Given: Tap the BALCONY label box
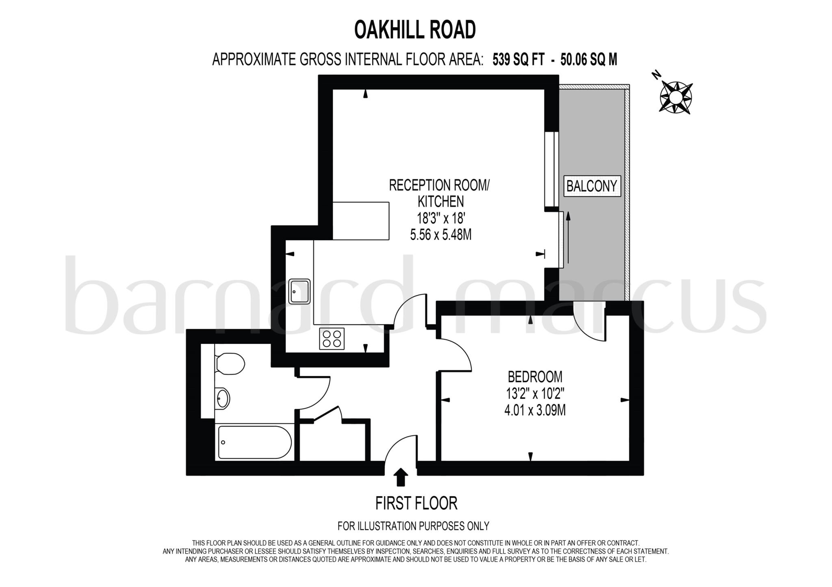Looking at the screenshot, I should (591, 186).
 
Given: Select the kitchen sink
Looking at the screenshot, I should (299, 291).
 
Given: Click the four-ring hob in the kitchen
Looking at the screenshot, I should (331, 339).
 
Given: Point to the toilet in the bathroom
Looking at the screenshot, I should (229, 363).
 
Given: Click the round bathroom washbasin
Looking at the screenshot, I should (222, 398).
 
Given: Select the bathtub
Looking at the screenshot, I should (255, 442).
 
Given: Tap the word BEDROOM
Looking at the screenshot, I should (535, 377).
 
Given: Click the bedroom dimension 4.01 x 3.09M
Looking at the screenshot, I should (535, 410).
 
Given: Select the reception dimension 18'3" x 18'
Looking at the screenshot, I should (440, 218).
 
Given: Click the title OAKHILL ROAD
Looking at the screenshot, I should (415, 30).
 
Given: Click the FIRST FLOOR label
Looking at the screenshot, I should (416, 503).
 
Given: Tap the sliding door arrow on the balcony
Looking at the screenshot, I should (568, 237).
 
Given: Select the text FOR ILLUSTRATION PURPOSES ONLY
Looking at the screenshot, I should (413, 526).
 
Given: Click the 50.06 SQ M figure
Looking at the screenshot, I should (588, 60).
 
